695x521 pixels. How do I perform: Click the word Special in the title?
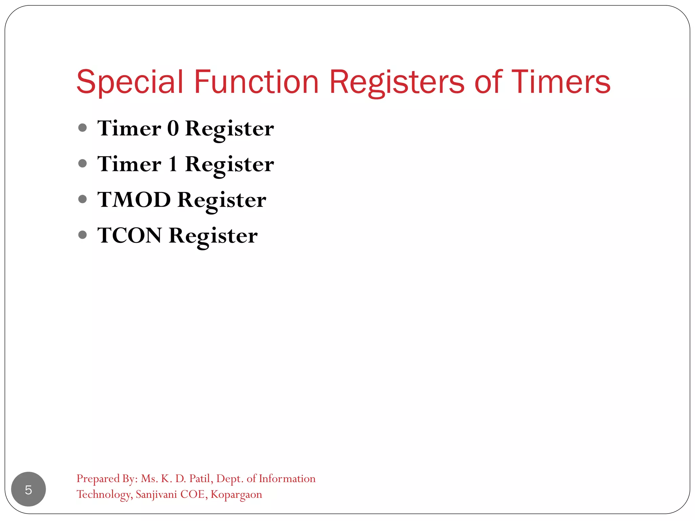point(130,82)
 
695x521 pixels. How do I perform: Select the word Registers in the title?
point(397,82)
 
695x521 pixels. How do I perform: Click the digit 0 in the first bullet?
point(173,129)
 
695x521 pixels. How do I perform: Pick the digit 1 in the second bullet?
point(173,164)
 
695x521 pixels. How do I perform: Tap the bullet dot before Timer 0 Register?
point(82,128)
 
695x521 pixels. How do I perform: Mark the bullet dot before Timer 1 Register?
point(82,163)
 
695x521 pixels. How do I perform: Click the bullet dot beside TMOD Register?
point(82,199)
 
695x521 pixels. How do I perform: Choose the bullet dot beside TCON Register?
point(82,235)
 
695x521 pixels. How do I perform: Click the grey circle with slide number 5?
point(29,489)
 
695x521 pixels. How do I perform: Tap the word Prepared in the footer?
point(98,479)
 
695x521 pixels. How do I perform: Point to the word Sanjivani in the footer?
point(156,494)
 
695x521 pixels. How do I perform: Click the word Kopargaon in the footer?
point(236,495)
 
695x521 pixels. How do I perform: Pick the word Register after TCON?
point(213,236)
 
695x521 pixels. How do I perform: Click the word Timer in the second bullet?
point(129,164)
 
